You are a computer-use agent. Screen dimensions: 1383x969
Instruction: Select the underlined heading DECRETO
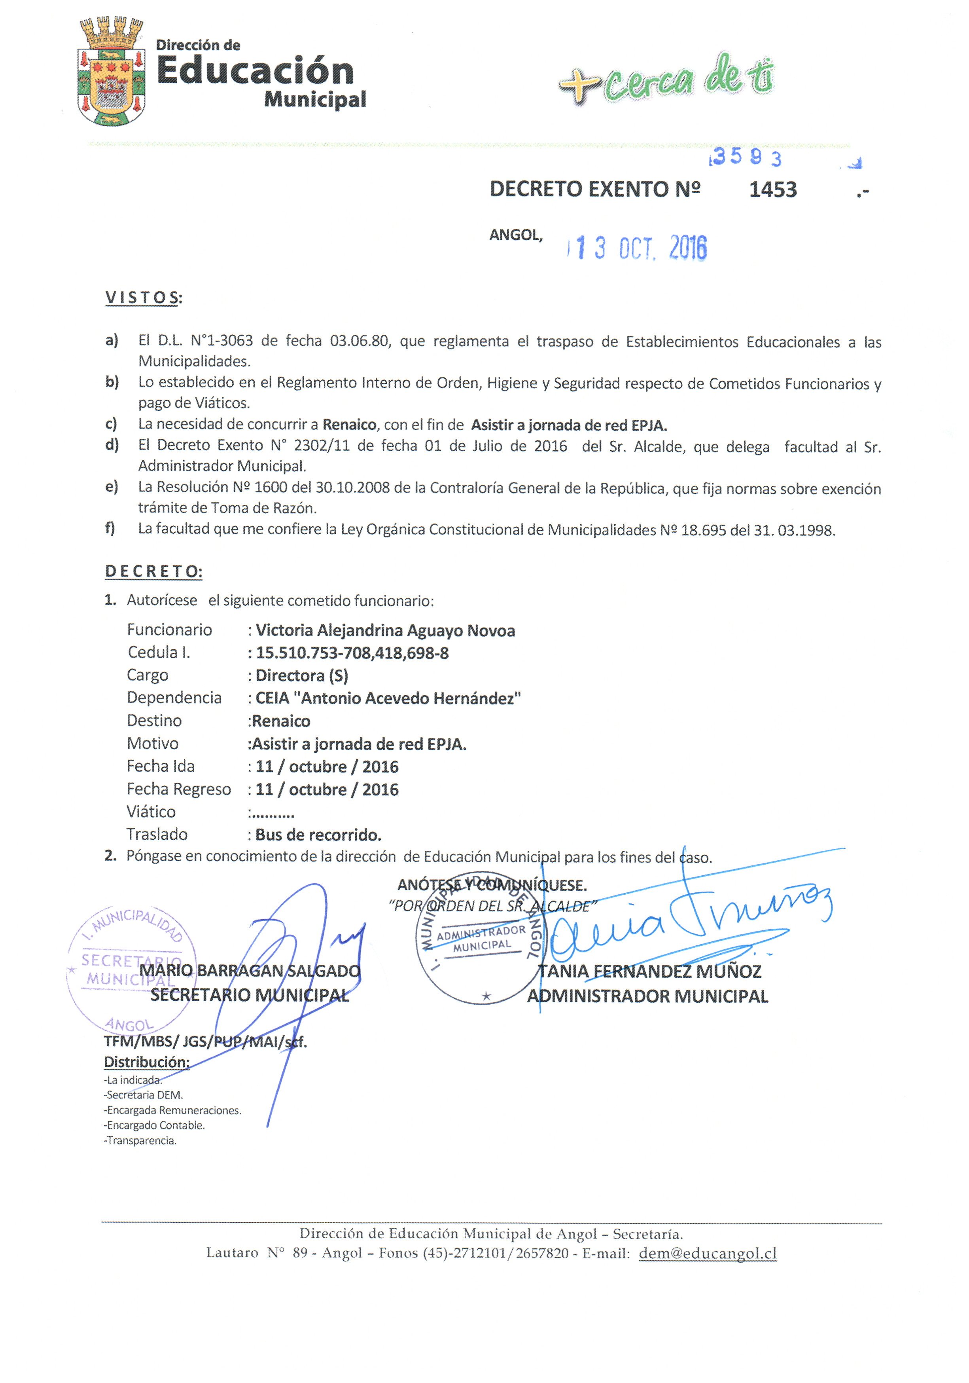(x=153, y=572)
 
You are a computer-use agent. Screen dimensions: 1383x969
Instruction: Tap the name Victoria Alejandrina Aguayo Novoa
(x=386, y=631)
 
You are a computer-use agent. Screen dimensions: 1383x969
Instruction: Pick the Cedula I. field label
(x=159, y=653)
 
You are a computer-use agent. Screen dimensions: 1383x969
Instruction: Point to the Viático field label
(x=151, y=812)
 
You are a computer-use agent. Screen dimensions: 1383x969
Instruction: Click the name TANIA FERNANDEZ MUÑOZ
(x=650, y=971)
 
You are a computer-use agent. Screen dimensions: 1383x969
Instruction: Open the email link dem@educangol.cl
(x=708, y=1254)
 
